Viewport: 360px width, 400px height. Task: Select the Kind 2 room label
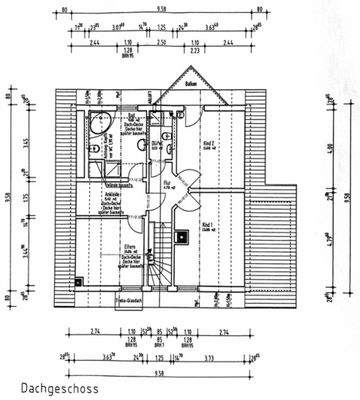(x=207, y=145)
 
